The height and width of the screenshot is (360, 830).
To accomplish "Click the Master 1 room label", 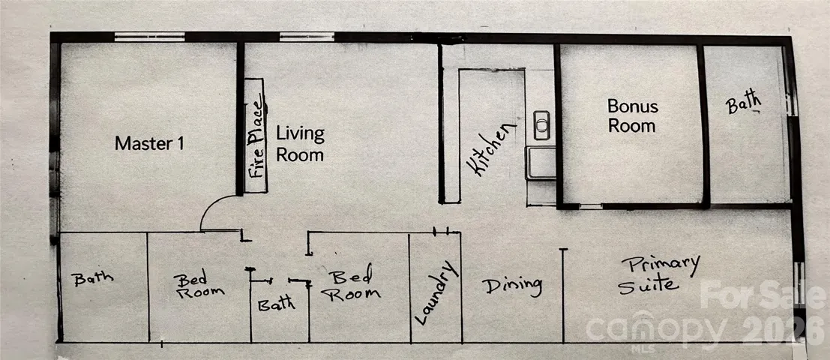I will pyautogui.click(x=149, y=143).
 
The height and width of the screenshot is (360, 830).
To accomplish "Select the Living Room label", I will pyautogui.click(x=300, y=144).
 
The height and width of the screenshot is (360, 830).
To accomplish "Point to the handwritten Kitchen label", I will pyautogui.click(x=493, y=149).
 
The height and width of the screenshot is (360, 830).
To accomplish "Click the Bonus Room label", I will pyautogui.click(x=632, y=116).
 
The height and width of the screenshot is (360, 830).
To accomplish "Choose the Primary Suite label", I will pyautogui.click(x=659, y=275).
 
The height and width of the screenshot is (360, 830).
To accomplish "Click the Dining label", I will pyautogui.click(x=512, y=286).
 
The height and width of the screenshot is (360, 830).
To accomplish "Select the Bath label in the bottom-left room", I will pyautogui.click(x=93, y=278).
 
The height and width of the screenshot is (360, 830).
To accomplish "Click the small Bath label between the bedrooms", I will pyautogui.click(x=277, y=305).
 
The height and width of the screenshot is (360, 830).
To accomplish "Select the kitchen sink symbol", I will pyautogui.click(x=541, y=121).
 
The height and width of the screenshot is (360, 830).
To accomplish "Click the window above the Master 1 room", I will pyautogui.click(x=148, y=36).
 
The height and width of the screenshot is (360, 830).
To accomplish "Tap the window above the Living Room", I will pyautogui.click(x=307, y=36).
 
